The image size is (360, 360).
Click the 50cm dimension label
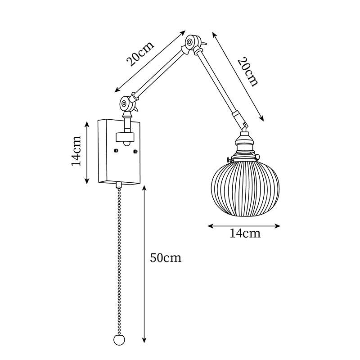(165, 258)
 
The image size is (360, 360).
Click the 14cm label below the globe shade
(245, 233)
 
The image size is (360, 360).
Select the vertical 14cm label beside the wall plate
(77, 151)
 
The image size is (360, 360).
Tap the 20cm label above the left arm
(140, 53)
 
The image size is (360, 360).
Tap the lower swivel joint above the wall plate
(126, 105)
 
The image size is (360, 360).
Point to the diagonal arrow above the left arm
(150, 60)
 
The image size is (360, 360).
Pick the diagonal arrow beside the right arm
(237, 76)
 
